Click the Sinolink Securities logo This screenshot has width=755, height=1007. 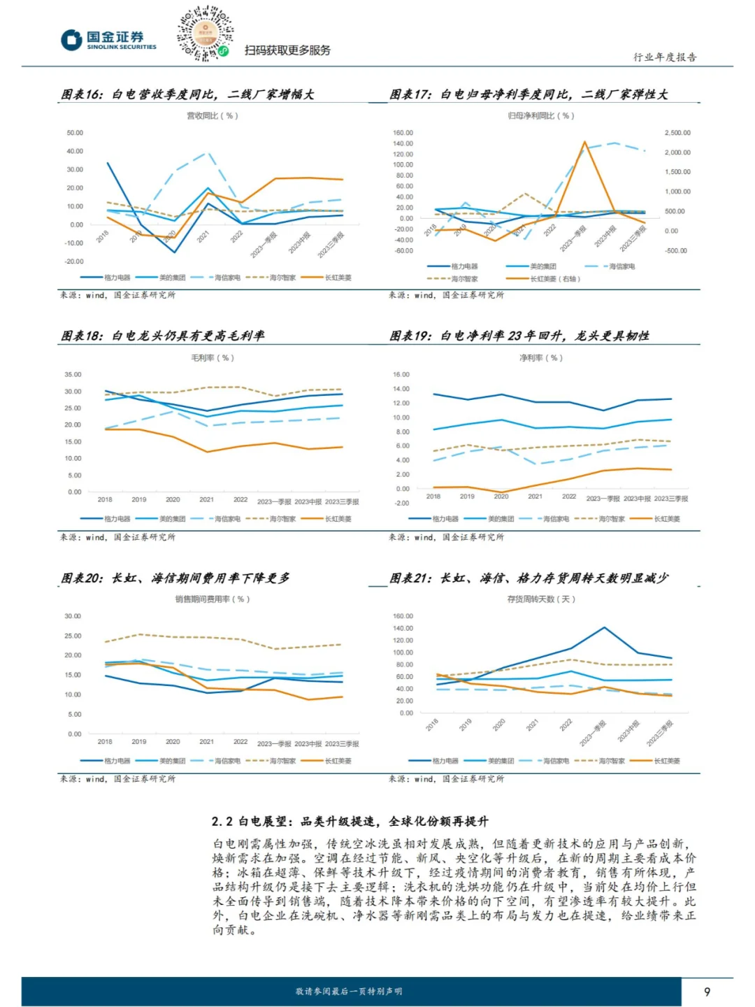(x=108, y=40)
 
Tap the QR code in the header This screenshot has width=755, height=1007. (x=205, y=33)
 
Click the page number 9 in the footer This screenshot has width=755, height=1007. (x=707, y=992)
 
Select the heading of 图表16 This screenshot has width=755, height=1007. (x=187, y=94)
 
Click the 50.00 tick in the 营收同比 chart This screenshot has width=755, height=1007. (x=75, y=133)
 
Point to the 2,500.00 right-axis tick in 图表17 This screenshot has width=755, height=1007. (x=677, y=133)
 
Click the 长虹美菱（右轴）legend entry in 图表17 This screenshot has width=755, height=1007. (x=546, y=279)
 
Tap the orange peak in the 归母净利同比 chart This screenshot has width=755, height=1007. (x=584, y=142)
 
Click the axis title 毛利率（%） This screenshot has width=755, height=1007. (x=213, y=358)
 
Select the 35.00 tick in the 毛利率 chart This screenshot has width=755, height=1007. (x=73, y=375)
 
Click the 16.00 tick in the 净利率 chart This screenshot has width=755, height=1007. (x=401, y=375)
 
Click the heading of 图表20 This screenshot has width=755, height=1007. (x=175, y=578)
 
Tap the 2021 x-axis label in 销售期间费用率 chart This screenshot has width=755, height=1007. (x=206, y=742)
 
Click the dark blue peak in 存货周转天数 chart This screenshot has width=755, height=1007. (x=604, y=628)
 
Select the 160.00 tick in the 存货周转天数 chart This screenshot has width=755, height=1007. (x=403, y=617)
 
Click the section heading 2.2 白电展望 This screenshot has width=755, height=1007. (x=350, y=822)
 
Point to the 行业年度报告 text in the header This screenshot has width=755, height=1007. (x=665, y=57)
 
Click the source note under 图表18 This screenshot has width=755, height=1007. (x=117, y=537)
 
